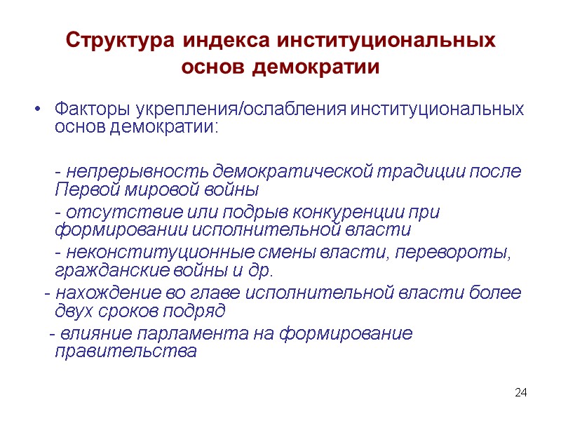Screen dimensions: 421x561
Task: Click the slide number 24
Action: coord(520,392)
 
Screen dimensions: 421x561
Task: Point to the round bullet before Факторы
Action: coord(38,110)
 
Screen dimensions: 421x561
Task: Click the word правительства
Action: coord(126,352)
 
